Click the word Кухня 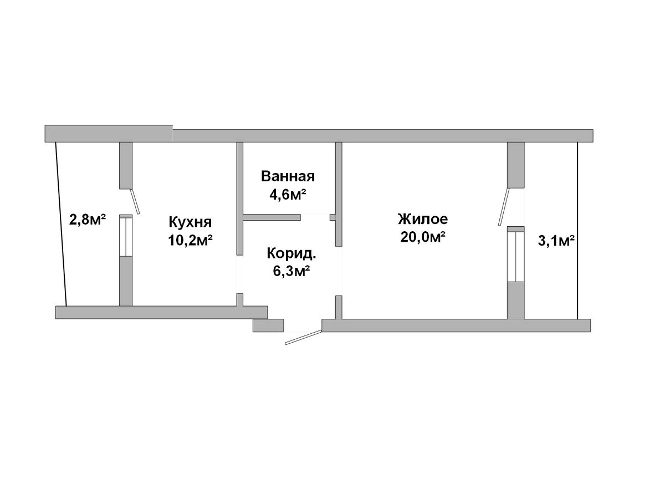click(190, 222)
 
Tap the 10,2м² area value click(190, 241)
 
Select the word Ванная click(288, 176)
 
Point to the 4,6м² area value click(288, 195)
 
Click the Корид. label click(291, 253)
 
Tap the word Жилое click(423, 219)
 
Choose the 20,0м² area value click(423, 237)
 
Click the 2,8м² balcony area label click(88, 219)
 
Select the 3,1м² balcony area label click(556, 241)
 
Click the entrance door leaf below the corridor click(303, 337)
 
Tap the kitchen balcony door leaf click(135, 201)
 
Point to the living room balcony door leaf click(503, 207)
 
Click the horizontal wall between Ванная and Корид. click(272, 217)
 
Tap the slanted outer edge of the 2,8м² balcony click(61, 224)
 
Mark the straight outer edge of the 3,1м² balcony click(577, 231)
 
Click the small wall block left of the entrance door click(268, 325)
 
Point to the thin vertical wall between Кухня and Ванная click(240, 198)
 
